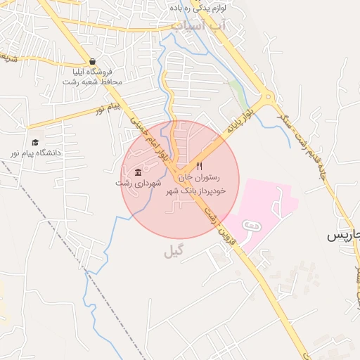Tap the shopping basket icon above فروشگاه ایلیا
[93, 61]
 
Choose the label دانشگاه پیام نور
[35, 152]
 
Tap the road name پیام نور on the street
[110, 109]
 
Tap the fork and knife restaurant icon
[200, 167]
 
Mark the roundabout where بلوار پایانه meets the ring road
[266, 98]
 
